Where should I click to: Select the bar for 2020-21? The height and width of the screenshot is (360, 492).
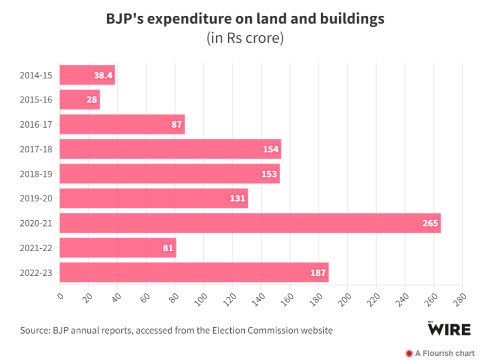pos(250,223)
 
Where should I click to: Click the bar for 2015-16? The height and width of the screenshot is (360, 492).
pos(80,100)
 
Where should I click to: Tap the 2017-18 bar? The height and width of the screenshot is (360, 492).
pos(170,149)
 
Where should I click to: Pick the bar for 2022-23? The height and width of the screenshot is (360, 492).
pos(194,272)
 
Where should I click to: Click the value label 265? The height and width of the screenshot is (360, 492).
pos(430,223)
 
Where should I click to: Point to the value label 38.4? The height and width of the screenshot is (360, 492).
pos(103,75)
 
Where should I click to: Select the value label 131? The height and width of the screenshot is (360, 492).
pos(237,198)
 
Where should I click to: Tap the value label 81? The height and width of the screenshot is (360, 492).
pos(168,248)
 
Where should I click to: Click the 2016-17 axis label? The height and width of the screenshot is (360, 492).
pos(36,124)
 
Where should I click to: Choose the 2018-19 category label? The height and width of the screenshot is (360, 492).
pos(36,174)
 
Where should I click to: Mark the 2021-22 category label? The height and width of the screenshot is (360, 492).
pos(36,248)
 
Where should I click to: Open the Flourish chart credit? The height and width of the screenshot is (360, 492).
pos(440,353)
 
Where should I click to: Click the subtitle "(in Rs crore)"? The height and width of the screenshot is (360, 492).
pos(245,38)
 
